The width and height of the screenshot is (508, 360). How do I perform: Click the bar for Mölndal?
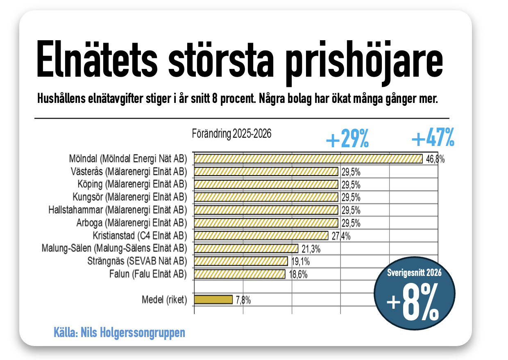tap(308, 159)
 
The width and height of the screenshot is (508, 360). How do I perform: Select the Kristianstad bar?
tap(261, 236)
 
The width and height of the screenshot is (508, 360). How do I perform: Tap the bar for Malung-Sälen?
tap(246, 248)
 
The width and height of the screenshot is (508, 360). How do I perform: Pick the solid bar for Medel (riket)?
tap(213, 300)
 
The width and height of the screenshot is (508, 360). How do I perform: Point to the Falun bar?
tap(240, 274)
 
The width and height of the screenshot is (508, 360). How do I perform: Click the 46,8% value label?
tap(435, 159)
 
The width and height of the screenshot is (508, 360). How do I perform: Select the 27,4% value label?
tap(341, 236)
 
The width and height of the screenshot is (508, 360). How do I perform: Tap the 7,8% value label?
tap(243, 300)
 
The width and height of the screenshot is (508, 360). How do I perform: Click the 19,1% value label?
tap(300, 262)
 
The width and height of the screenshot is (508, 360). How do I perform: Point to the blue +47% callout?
tap(433, 137)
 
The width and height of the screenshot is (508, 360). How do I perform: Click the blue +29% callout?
tap(347, 138)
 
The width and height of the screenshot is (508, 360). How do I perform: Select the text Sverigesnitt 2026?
tap(414, 273)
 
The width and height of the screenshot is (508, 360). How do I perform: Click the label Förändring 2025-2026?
tap(231, 134)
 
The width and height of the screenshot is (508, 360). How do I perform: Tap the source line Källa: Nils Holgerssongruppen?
tap(119, 333)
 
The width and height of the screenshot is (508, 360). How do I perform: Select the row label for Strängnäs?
tap(137, 261)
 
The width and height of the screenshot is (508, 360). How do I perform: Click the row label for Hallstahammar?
tap(118, 210)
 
